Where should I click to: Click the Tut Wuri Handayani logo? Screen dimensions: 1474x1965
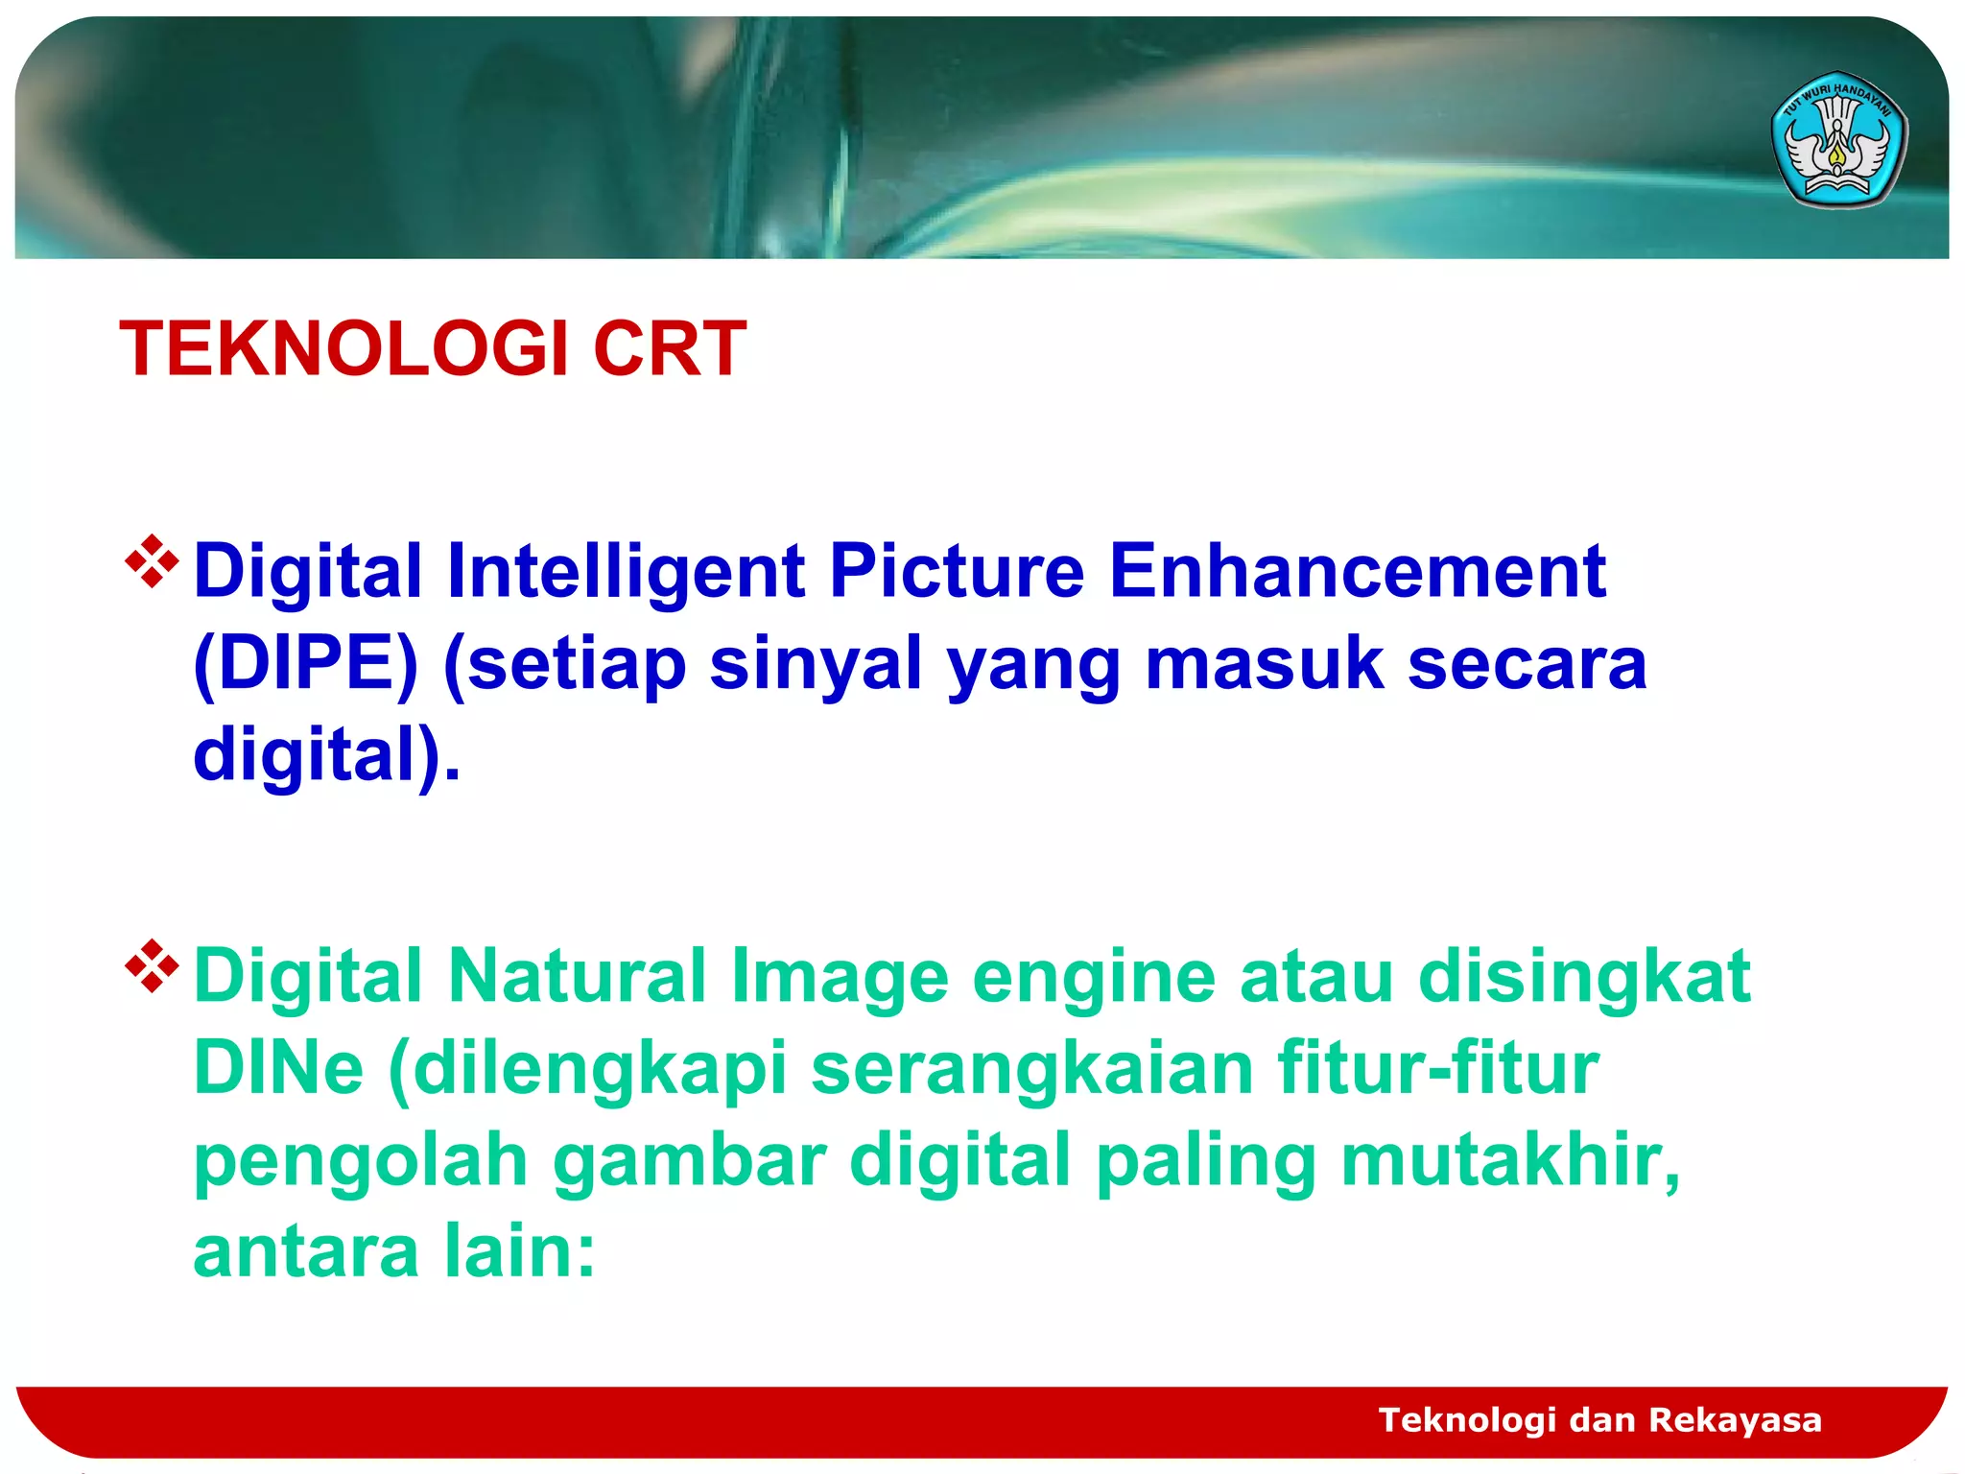tap(1838, 140)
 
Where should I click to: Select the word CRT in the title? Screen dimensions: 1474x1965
tap(669, 348)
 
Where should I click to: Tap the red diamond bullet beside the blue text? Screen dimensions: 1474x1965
tap(152, 561)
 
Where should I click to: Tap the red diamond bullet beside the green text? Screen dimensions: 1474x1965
tap(152, 966)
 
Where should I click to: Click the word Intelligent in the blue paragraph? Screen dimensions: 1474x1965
tap(625, 571)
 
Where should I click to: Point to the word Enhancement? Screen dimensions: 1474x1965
tap(1357, 571)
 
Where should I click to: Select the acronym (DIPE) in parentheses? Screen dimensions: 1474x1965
tap(306, 663)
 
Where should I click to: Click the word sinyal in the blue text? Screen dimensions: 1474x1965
tap(815, 663)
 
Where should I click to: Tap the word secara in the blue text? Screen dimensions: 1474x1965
tap(1527, 663)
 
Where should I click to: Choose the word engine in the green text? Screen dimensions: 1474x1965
tap(1093, 977)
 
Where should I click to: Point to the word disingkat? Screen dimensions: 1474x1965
tap(1584, 977)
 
